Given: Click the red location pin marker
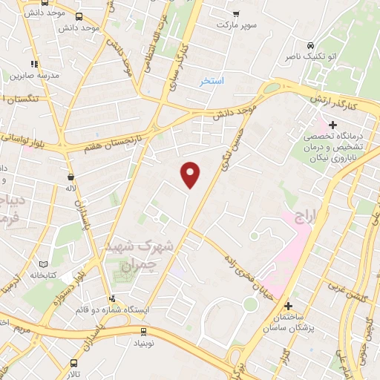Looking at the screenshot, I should pos(191,174).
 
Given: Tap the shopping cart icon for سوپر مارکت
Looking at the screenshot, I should pos(236,14).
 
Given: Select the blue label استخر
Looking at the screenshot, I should pos(212,80).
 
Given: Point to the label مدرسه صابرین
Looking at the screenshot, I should pos(30,75).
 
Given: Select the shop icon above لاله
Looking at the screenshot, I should pos(71,177).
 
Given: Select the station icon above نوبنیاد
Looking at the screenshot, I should pos(143,332).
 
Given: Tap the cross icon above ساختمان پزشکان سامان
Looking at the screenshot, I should pos(288,305).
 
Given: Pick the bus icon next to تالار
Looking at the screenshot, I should pos(73,364).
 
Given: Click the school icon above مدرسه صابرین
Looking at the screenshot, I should pos(34,65).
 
